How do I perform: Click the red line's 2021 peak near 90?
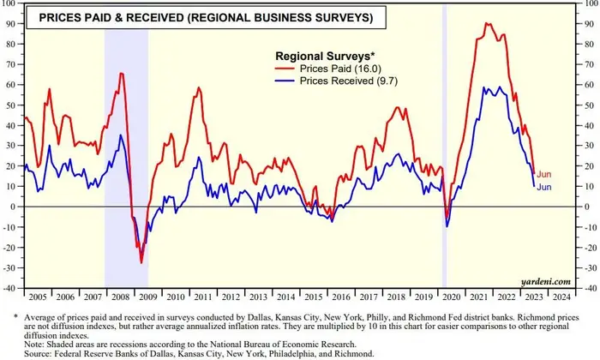point(488,23)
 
